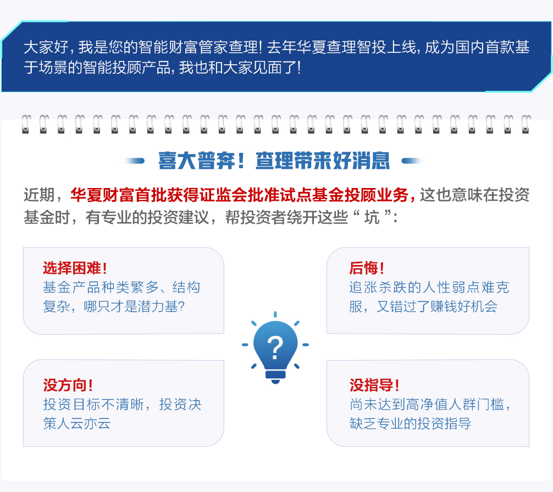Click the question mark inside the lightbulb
(x=275, y=348)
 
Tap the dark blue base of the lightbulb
(x=275, y=377)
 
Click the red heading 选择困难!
(x=75, y=268)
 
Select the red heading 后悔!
(x=367, y=268)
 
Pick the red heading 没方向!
(x=68, y=385)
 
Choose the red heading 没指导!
(x=374, y=385)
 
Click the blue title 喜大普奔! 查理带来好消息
(x=274, y=161)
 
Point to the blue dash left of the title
(x=134, y=161)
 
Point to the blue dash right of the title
(x=412, y=161)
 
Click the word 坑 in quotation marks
(x=372, y=217)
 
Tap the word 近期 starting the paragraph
(x=39, y=195)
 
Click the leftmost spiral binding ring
(x=26, y=124)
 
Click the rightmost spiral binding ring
(x=526, y=124)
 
